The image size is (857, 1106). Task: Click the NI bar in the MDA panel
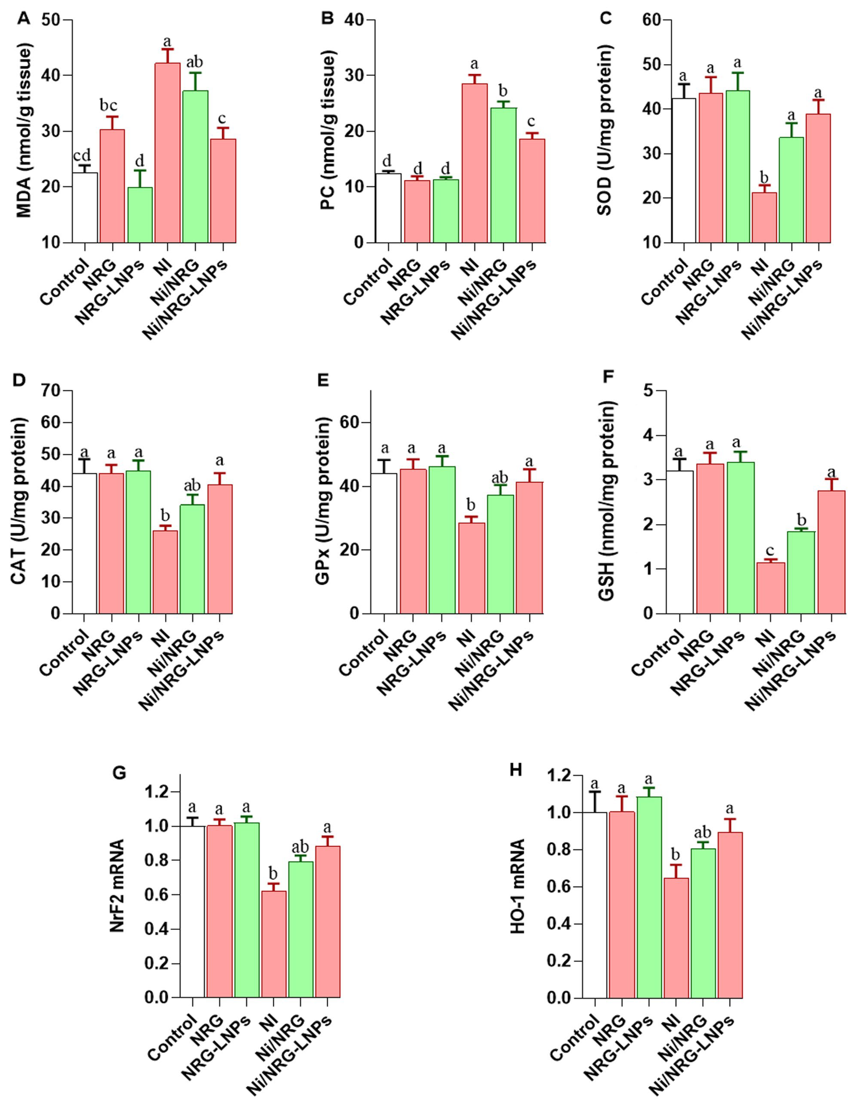pos(167,152)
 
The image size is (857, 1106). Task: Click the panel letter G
pos(120,773)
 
